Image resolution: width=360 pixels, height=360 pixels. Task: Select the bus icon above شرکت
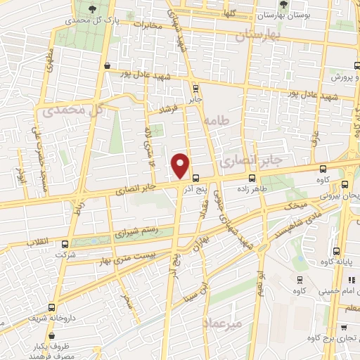point(65,244)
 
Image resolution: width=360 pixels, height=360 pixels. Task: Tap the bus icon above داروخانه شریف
point(51,307)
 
